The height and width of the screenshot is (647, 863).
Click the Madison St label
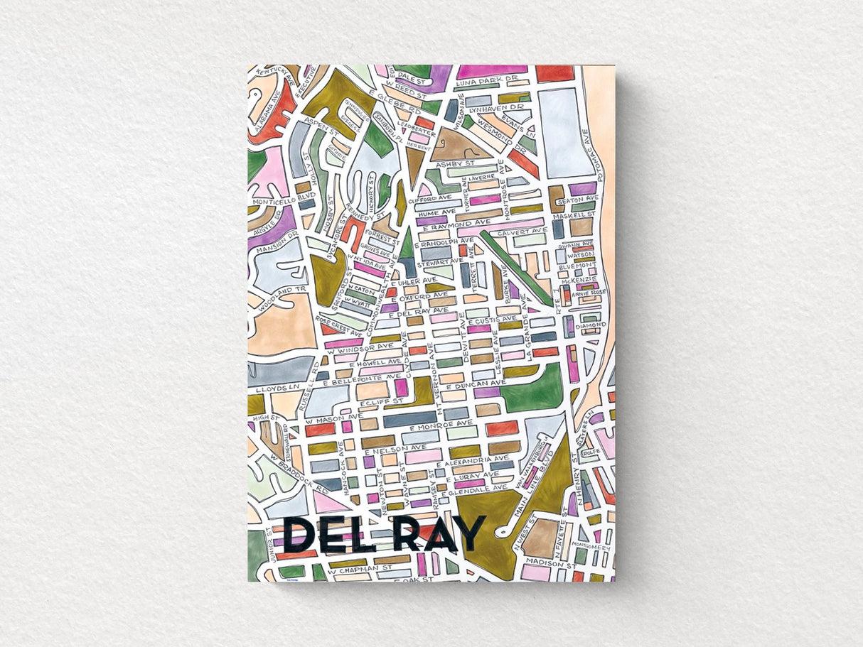coord(552,565)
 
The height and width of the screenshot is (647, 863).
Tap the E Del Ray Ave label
coord(419,311)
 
